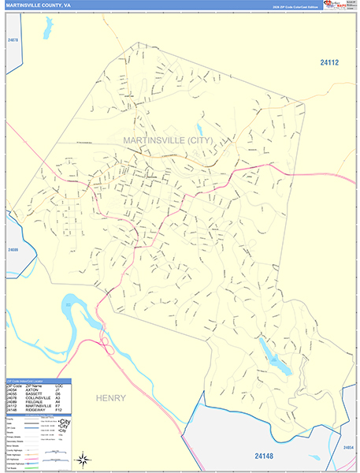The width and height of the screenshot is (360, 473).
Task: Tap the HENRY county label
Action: pyautogui.click(x=110, y=398)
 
